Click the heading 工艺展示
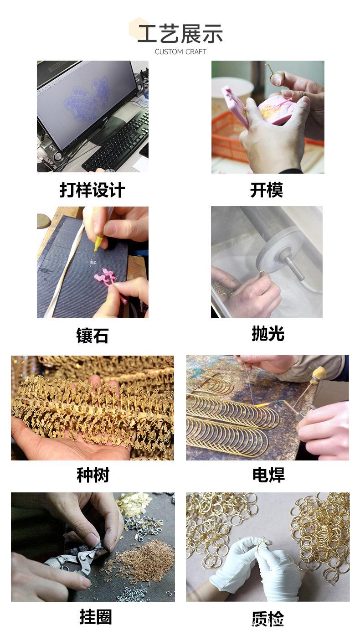tap(180, 35)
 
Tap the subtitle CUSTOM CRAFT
tap(180, 52)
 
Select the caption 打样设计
tap(92, 190)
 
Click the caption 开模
tap(267, 190)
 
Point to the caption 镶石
tap(92, 336)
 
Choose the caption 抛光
tap(268, 334)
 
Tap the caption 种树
tap(93, 475)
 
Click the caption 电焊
tap(268, 475)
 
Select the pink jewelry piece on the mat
tap(106, 277)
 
